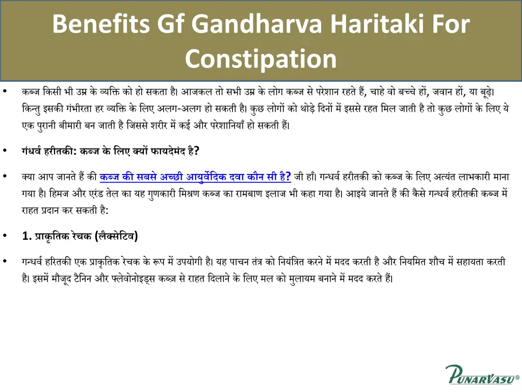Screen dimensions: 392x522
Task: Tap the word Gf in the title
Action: pyautogui.click(x=172, y=24)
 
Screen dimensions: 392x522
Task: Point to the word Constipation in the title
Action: pyautogui.click(x=260, y=59)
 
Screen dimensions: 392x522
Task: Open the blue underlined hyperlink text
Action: pyautogui.click(x=195, y=177)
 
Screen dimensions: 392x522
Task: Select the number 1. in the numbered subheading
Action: pyautogui.click(x=27, y=236)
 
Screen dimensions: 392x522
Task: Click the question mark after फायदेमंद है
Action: pyautogui.click(x=197, y=151)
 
